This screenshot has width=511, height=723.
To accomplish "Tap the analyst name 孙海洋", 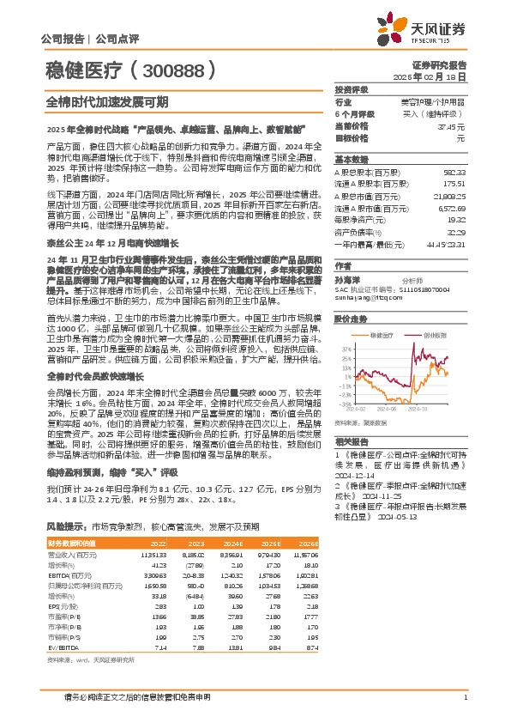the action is tap(346, 280).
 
